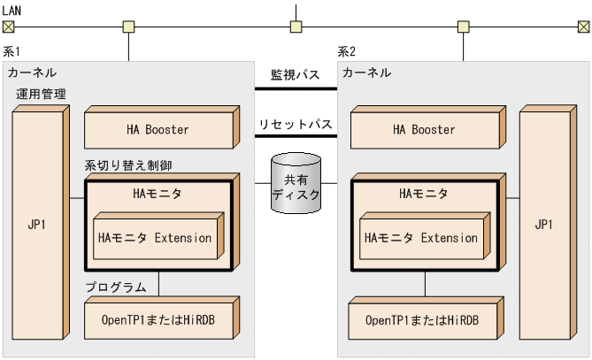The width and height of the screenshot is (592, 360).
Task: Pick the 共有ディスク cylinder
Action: pos(296,183)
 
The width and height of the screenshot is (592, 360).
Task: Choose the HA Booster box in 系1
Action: pos(158,130)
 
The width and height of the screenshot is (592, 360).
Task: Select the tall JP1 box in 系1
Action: pos(38,225)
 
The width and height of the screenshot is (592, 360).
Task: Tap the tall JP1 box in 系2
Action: pos(543,225)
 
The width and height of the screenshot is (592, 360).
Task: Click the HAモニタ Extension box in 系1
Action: pos(156,238)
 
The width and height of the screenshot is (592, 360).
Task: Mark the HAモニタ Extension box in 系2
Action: pos(421,238)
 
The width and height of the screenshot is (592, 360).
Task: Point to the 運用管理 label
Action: pos(41,93)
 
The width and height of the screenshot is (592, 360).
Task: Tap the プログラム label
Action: pos(116,287)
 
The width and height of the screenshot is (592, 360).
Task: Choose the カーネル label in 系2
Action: pos(366,72)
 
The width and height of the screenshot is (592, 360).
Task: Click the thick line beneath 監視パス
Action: pos(296,88)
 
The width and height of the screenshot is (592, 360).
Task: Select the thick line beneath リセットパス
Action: pos(296,136)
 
